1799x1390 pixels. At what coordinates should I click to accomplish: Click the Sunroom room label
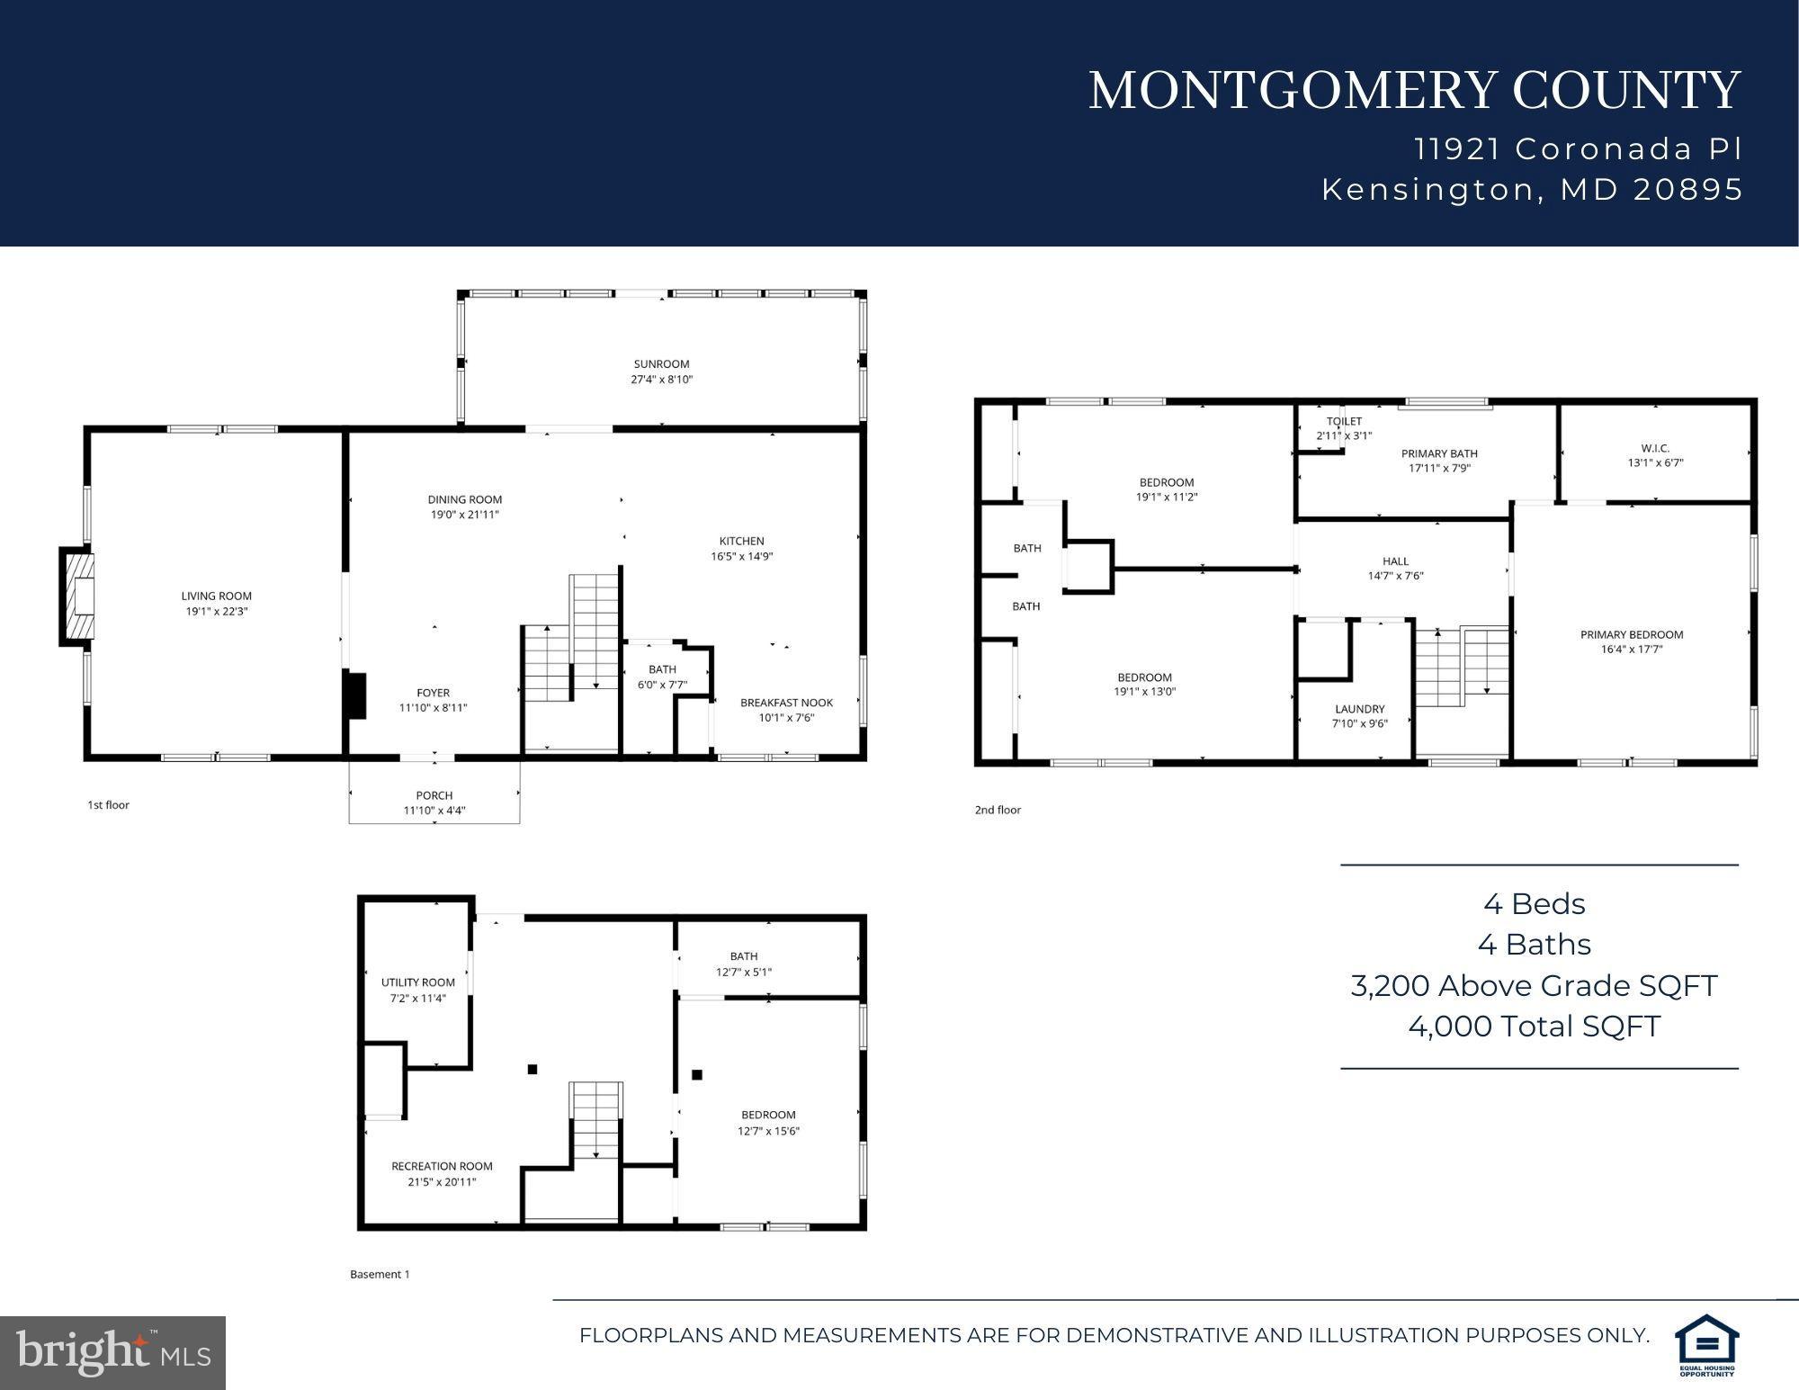point(661,364)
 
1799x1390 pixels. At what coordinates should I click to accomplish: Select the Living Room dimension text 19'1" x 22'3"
point(216,612)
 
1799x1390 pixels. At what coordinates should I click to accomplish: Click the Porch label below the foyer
point(434,795)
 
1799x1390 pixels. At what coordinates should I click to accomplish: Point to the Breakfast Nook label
point(786,703)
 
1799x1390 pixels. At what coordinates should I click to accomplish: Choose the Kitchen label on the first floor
point(741,541)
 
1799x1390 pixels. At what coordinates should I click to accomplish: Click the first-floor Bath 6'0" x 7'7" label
point(662,669)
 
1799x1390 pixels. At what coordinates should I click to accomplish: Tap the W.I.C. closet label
point(1655,448)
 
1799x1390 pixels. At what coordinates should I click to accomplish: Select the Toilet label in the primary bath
point(1344,421)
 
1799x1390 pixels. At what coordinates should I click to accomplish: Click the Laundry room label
point(1359,709)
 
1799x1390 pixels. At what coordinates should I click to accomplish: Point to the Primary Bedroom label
point(1632,634)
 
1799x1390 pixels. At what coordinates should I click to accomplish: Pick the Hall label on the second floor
point(1395,560)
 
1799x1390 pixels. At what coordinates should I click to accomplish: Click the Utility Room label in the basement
point(418,982)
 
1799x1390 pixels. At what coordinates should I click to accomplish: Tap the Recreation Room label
point(442,1166)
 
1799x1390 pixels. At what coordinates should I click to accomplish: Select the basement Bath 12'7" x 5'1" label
point(744,956)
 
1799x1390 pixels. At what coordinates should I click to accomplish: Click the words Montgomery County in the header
point(1414,91)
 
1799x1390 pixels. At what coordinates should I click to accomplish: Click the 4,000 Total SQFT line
point(1534,1027)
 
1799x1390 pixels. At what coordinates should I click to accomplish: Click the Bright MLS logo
point(112,1351)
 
